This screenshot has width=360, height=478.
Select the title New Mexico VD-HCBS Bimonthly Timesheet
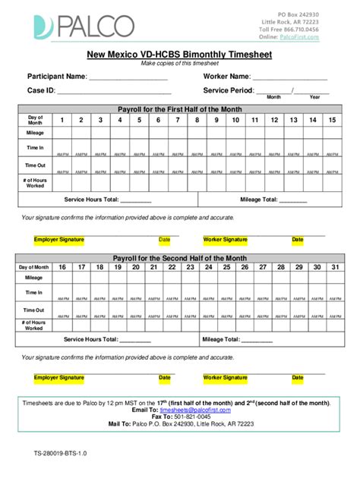[179, 55]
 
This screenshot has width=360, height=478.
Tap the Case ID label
[41, 90]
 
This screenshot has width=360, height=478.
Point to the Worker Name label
[226, 77]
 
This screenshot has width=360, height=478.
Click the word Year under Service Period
[314, 98]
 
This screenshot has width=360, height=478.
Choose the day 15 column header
[332, 120]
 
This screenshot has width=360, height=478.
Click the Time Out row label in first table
[35, 165]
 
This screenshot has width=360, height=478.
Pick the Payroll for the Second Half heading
[179, 258]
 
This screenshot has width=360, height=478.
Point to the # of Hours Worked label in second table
[35, 325]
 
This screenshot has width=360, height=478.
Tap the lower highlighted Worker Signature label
[225, 377]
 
